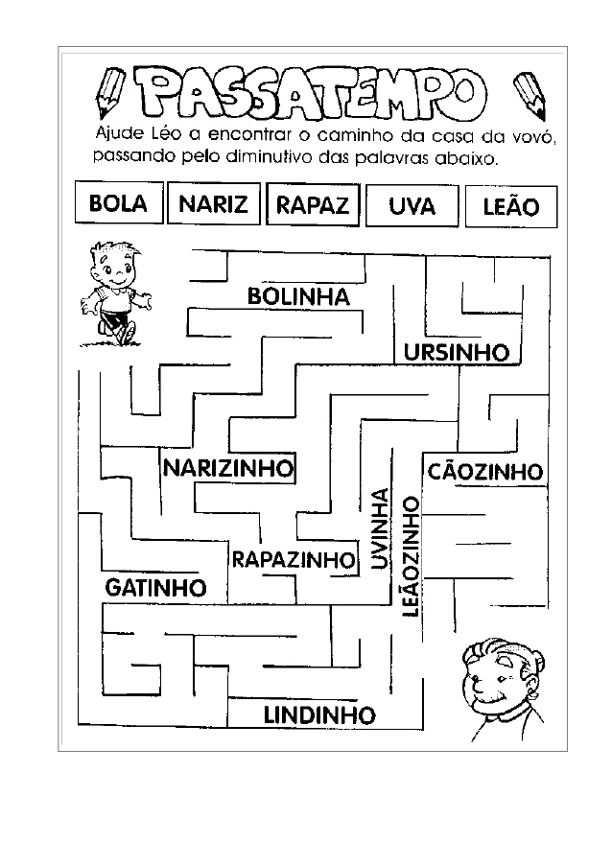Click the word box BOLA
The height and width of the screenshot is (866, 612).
[x=118, y=204]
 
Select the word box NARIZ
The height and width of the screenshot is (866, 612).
[x=213, y=204]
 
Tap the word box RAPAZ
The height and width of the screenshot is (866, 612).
[x=313, y=205]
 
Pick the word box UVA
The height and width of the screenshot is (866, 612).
[x=412, y=206]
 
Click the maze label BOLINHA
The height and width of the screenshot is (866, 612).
[x=298, y=297]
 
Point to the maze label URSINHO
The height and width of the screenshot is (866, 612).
[x=456, y=353]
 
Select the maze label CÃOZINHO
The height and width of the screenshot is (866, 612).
[x=485, y=472]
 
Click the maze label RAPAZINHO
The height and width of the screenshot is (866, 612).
[x=293, y=558]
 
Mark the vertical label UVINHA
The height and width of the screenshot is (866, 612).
[x=379, y=529]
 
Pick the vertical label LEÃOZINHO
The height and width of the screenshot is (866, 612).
[x=412, y=556]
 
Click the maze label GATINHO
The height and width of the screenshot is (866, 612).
[x=155, y=587]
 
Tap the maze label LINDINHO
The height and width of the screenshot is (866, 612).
[x=318, y=714]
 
